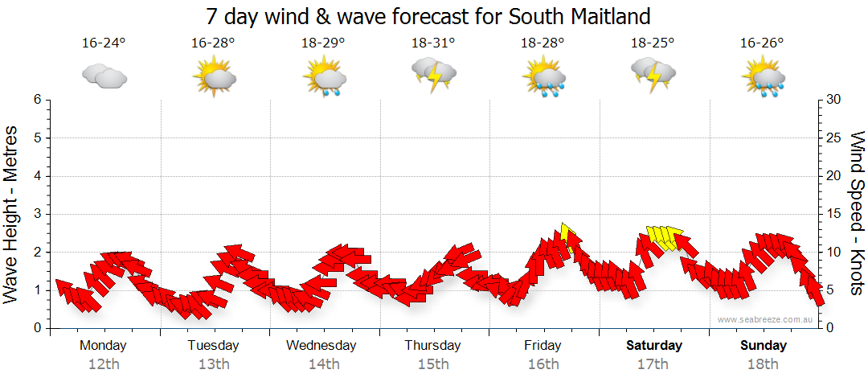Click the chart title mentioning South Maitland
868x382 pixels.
click(428, 16)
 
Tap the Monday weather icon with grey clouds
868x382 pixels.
click(104, 76)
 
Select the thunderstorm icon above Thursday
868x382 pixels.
click(434, 74)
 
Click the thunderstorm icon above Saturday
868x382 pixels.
click(653, 74)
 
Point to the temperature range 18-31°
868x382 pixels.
click(433, 43)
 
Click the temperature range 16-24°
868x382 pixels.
click(104, 43)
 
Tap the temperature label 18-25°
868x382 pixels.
click(653, 43)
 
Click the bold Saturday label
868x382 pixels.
click(653, 346)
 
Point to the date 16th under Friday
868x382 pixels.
click(543, 364)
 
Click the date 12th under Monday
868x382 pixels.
click(104, 364)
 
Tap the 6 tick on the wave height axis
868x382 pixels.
click(37, 100)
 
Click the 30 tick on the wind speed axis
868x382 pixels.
click(834, 100)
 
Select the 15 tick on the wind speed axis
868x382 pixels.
click(834, 214)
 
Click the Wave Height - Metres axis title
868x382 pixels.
click(12, 214)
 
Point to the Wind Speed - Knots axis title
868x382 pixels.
click(856, 214)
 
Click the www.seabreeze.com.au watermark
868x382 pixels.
click(766, 319)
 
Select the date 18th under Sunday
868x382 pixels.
click(763, 364)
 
